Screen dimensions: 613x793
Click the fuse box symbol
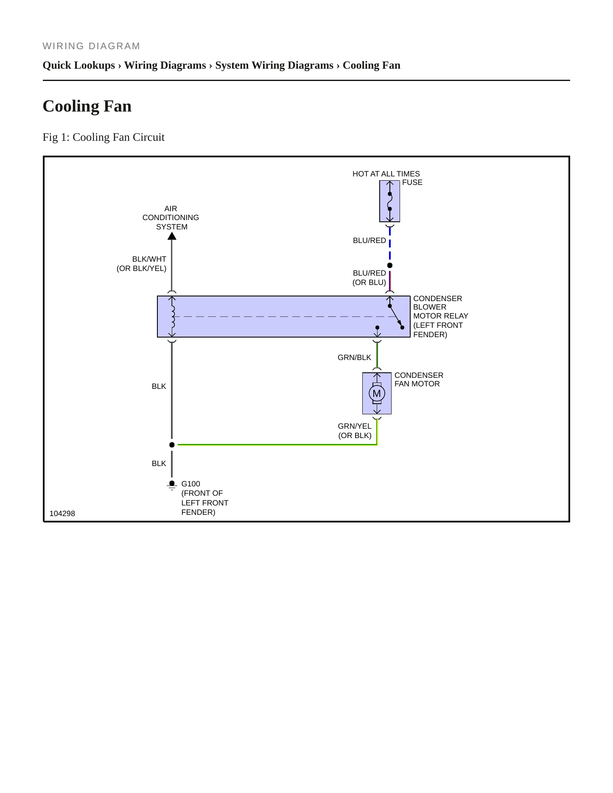(x=389, y=201)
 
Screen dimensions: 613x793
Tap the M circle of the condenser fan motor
(x=377, y=394)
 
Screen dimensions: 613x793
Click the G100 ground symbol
(x=172, y=485)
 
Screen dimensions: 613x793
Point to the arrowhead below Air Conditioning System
(x=172, y=236)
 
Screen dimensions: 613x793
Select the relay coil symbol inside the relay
(x=172, y=316)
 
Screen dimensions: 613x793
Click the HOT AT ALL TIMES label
(x=386, y=174)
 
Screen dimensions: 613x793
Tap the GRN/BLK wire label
(x=354, y=357)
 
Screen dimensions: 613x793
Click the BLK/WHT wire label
(x=149, y=259)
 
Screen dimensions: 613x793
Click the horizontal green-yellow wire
(x=277, y=445)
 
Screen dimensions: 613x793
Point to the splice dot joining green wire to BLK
(x=172, y=445)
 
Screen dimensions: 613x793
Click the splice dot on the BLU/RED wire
(x=390, y=265)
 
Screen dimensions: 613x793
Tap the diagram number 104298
(x=62, y=514)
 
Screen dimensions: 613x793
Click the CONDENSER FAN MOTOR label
(x=419, y=380)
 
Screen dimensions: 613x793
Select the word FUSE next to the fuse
(x=412, y=182)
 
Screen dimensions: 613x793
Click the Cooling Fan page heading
(x=87, y=106)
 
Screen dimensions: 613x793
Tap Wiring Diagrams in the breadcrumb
(x=165, y=65)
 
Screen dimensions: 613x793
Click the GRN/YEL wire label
(x=355, y=426)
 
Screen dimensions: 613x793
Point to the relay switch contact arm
(x=396, y=316)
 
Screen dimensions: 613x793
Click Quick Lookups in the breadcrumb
(x=79, y=65)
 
